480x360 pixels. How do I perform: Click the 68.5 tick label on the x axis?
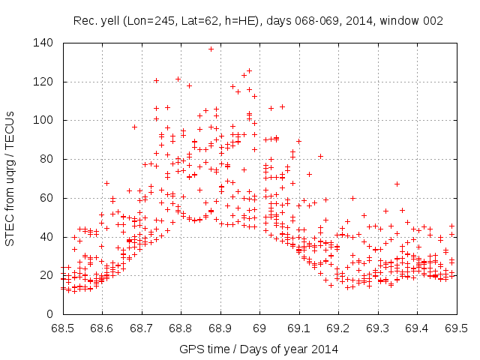coord(62,328)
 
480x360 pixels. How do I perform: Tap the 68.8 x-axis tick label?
coord(181,328)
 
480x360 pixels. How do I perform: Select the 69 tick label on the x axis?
coord(259,328)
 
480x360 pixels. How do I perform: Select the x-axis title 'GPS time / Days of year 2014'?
coord(259,349)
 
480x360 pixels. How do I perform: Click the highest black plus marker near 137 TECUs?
coord(211,49)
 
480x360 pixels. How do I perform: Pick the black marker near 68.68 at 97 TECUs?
coord(134,127)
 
